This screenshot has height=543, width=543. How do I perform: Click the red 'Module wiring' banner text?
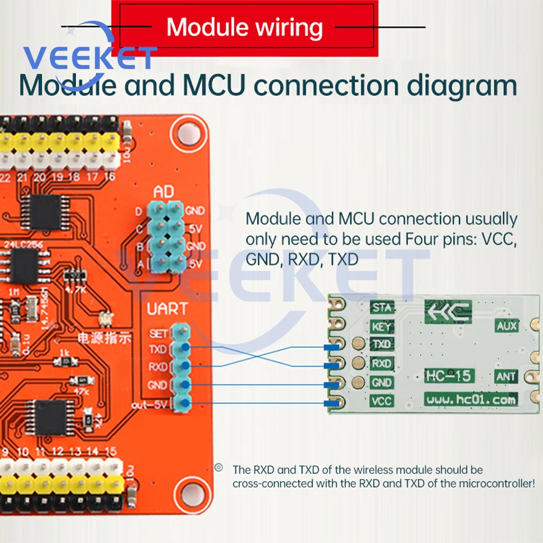pos(244,27)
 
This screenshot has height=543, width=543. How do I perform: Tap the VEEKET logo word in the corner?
pos(90,57)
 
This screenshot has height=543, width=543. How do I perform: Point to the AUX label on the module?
pos(506,326)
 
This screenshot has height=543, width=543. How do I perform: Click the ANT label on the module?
pos(506,376)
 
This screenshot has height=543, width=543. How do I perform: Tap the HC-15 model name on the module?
pos(449,375)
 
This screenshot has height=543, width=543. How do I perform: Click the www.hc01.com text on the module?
pos(470,400)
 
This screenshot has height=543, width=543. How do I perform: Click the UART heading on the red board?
pos(167,310)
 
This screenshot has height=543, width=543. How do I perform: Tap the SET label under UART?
pos(159,333)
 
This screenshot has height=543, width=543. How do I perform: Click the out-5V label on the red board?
pos(151,405)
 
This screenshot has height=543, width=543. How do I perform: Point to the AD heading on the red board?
pos(165,192)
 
